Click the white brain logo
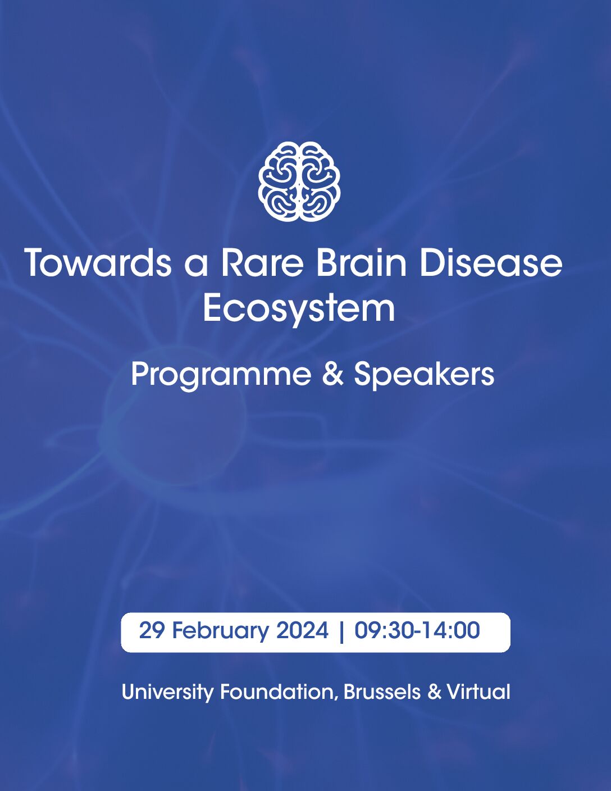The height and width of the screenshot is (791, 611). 299,181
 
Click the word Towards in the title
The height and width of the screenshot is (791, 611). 98,262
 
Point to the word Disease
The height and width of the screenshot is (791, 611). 491,262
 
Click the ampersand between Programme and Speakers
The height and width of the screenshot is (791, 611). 332,375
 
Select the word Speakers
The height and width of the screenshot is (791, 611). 424,375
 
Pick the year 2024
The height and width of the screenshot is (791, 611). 302,630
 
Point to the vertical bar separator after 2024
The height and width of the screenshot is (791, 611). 341,632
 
